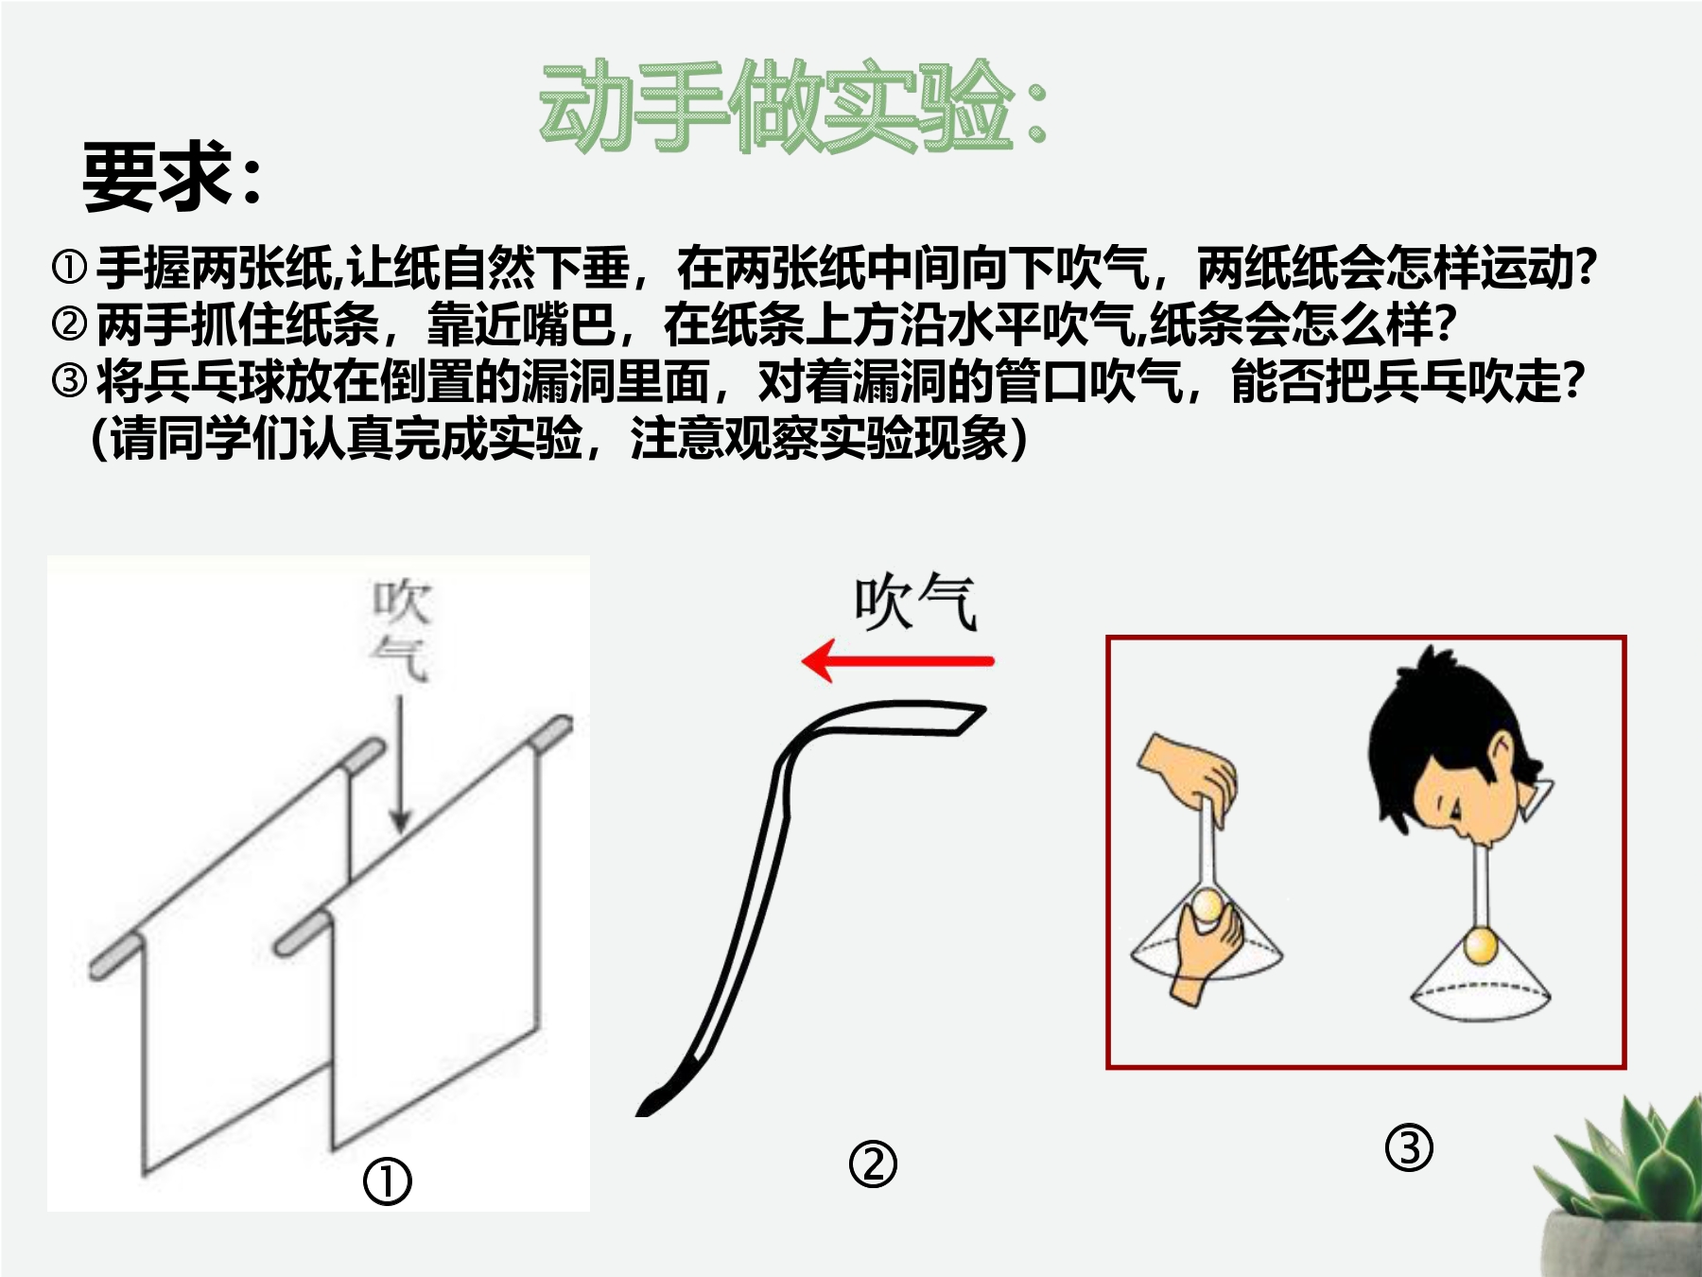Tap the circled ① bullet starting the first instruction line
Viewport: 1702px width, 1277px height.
tap(69, 268)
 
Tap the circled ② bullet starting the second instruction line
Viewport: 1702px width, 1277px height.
tap(69, 324)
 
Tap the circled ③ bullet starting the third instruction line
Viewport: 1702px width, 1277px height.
tap(69, 381)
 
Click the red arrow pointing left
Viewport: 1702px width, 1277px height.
tap(897, 660)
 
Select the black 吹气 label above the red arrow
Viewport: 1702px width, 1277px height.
tap(914, 602)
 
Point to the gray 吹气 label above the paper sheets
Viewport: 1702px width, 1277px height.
tap(401, 629)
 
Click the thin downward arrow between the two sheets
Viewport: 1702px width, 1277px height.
tap(400, 764)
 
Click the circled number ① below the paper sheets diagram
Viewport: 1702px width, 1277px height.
tap(388, 1181)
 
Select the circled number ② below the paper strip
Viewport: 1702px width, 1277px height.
tap(873, 1163)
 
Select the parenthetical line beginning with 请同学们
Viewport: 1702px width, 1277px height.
tap(559, 439)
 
